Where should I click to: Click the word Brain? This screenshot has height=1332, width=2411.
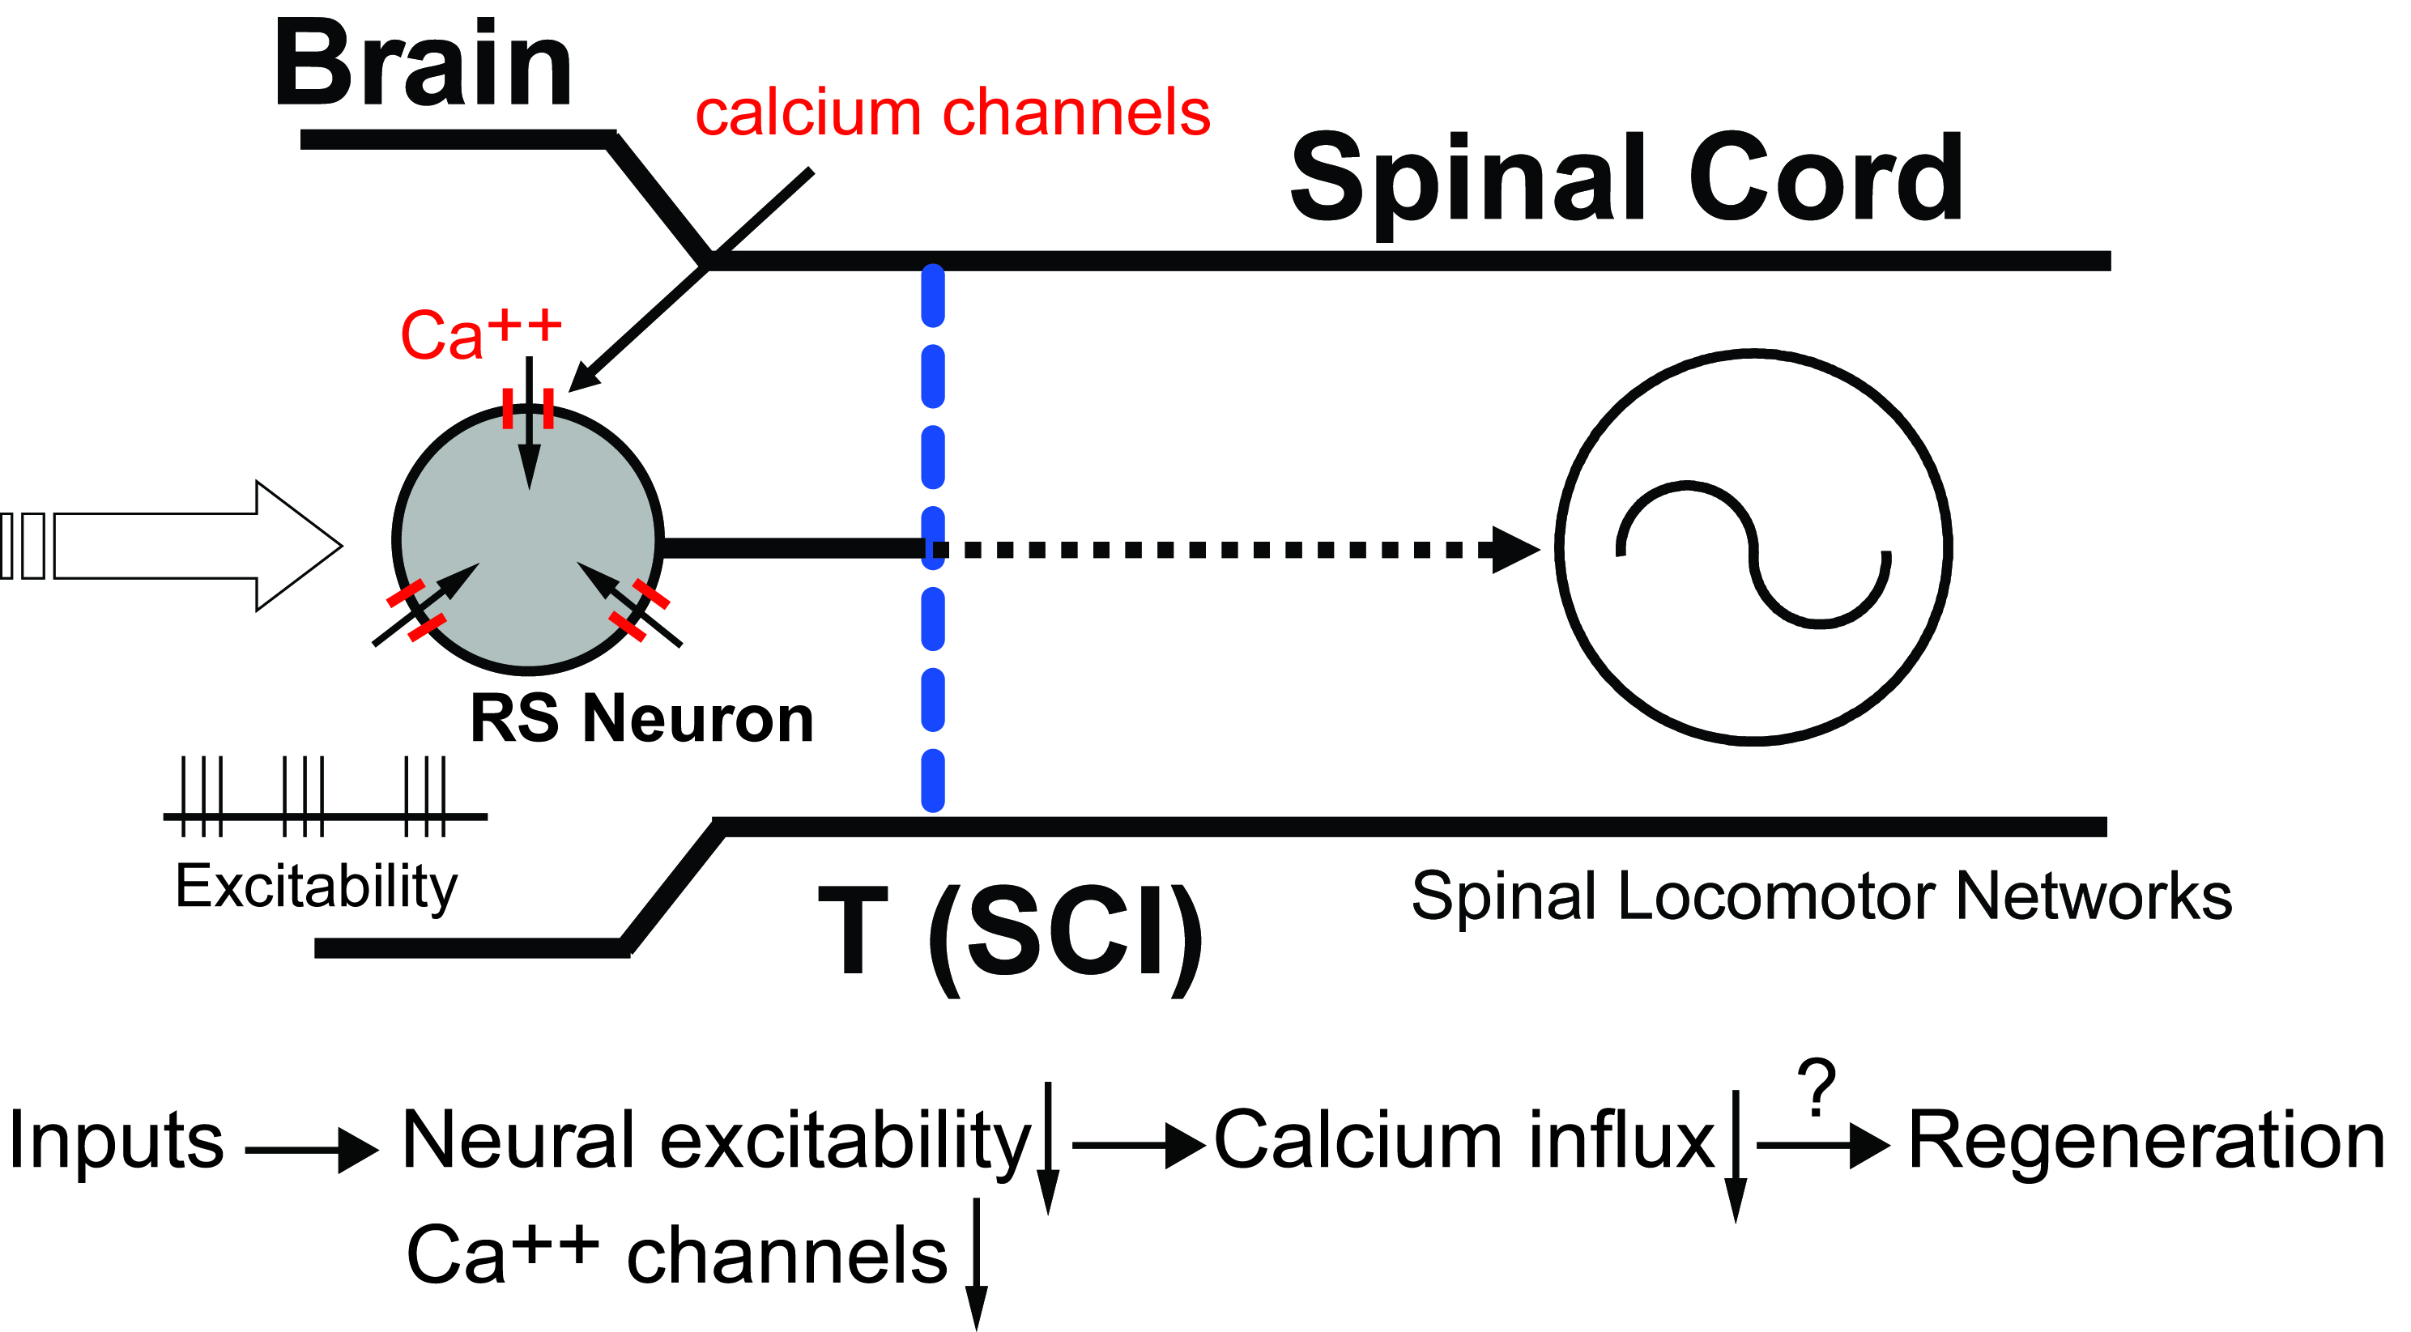422,66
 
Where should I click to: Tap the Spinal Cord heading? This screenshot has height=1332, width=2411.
1625,178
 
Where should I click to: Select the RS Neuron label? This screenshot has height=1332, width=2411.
641,719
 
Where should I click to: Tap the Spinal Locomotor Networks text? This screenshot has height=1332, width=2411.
1821,896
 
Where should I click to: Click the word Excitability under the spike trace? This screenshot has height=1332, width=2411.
317,887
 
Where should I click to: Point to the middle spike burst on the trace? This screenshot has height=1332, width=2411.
303,796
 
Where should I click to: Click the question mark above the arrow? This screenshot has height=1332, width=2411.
1817,1087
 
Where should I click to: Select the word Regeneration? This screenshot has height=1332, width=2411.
2145,1140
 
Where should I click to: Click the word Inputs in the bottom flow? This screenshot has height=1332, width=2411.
116,1140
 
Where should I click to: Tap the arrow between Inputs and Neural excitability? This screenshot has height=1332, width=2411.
312,1150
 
